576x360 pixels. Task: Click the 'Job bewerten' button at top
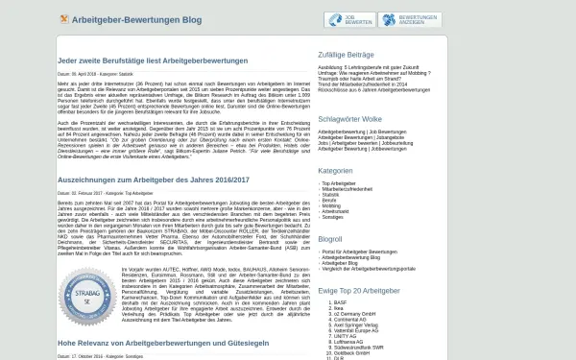[349, 19]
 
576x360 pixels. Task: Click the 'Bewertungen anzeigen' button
[409, 19]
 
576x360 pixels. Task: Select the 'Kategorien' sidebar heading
[335, 170]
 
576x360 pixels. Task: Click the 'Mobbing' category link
[331, 204]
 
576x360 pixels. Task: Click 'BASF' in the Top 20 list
[341, 302]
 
